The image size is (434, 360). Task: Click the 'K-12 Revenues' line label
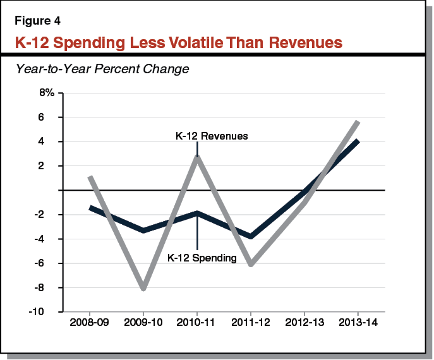(211, 136)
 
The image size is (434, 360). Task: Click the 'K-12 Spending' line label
(202, 257)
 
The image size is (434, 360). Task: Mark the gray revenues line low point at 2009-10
(144, 289)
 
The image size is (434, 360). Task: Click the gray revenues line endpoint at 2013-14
(358, 122)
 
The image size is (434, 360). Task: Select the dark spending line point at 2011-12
(251, 236)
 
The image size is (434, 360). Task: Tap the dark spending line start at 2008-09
(90, 207)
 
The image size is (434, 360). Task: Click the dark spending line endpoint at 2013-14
(358, 141)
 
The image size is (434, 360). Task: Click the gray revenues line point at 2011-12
(251, 264)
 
